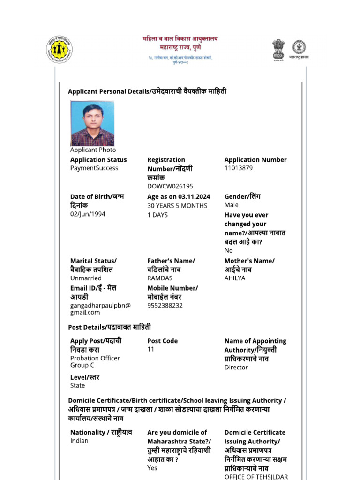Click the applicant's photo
(x=92, y=123)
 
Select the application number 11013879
(x=239, y=168)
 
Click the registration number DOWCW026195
(x=170, y=186)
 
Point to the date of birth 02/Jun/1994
(x=88, y=214)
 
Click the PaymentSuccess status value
(x=94, y=168)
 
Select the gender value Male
(x=232, y=205)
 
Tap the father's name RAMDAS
(x=160, y=278)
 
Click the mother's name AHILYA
(x=235, y=278)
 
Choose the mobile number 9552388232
(x=165, y=305)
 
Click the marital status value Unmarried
(x=86, y=278)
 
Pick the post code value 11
(x=150, y=349)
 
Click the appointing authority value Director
(x=236, y=367)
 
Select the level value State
(x=78, y=385)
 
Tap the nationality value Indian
(x=79, y=441)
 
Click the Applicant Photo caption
(x=93, y=150)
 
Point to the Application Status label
(x=98, y=159)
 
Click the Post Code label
(x=162, y=341)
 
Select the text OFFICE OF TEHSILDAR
(x=256, y=477)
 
